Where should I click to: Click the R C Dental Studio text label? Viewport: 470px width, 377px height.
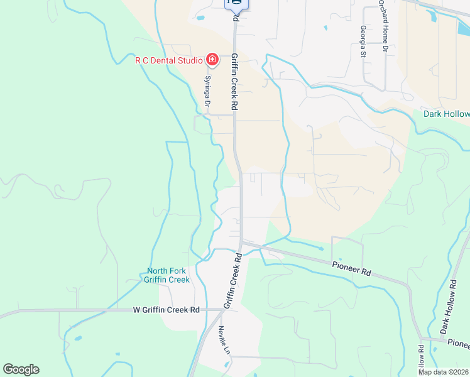tap(168, 60)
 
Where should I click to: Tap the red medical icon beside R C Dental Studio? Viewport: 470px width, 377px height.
tap(212, 60)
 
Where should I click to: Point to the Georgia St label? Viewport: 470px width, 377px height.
tap(363, 41)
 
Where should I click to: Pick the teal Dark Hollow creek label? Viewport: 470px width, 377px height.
tap(446, 114)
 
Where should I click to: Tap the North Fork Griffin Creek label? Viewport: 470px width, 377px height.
tap(167, 275)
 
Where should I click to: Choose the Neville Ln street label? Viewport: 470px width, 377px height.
tap(222, 339)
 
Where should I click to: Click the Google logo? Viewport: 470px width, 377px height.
tap(21, 369)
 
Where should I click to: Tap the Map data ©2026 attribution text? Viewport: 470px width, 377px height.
tap(443, 371)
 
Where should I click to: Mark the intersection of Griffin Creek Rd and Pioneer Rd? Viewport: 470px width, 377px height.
tap(241, 242)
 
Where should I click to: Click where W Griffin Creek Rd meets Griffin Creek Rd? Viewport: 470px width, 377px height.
tap(224, 309)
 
